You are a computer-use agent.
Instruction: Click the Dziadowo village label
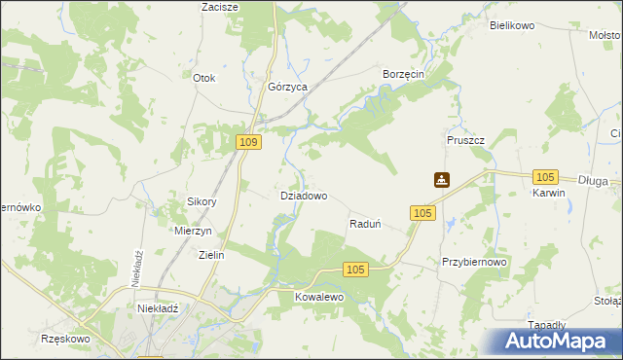(304, 196)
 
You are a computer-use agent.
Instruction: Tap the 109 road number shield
(248, 143)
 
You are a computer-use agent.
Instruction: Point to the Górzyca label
(288, 87)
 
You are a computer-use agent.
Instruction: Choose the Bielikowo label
(513, 26)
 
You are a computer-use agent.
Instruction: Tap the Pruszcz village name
(466, 140)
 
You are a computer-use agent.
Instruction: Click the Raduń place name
(364, 224)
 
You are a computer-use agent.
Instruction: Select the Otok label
(203, 78)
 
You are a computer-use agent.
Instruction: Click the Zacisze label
(220, 7)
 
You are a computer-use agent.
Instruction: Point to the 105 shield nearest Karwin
(545, 176)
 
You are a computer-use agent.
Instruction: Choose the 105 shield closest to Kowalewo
(355, 270)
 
